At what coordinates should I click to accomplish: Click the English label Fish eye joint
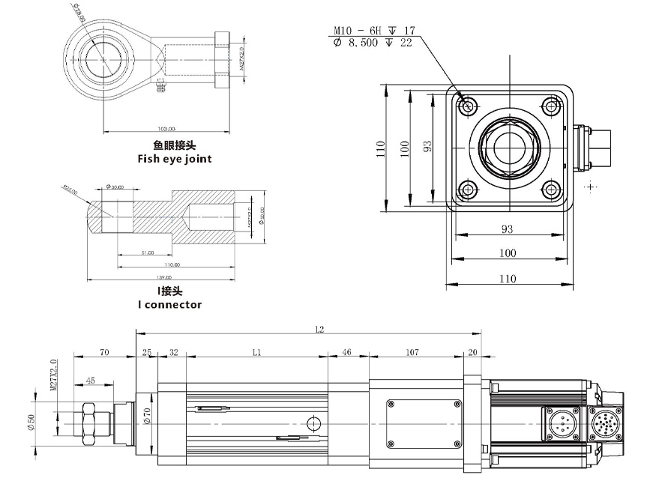[174, 159]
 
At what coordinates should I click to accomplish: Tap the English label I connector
[169, 305]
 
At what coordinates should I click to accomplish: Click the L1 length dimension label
[257, 351]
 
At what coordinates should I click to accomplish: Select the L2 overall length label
[320, 330]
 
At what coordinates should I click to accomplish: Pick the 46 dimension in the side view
[347, 351]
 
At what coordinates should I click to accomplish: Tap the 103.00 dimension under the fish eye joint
[166, 128]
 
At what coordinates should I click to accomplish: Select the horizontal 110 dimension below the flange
[508, 279]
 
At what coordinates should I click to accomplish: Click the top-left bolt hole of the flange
[469, 106]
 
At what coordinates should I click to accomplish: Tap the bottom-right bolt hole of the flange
[552, 190]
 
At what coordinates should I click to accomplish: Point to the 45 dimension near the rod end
[90, 381]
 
